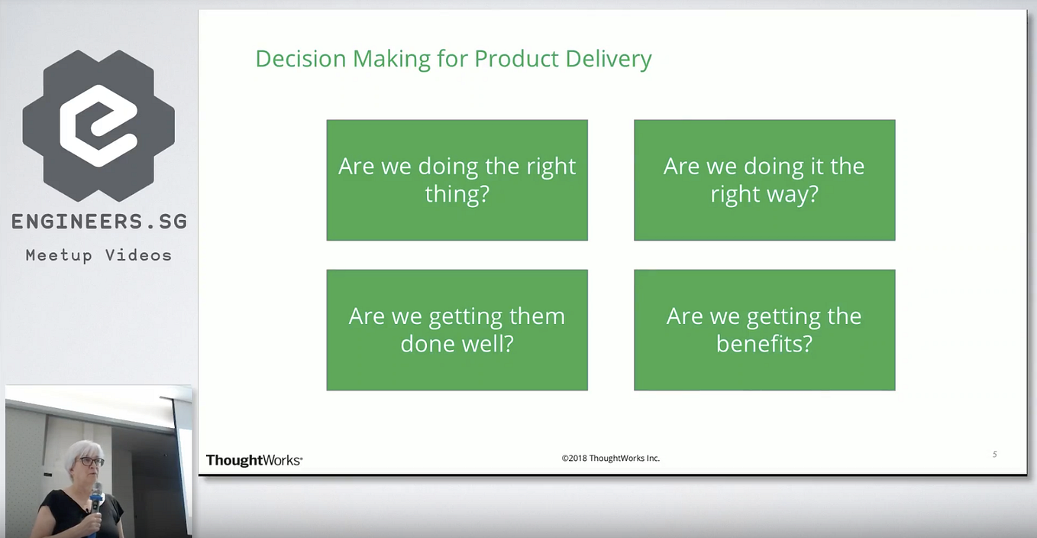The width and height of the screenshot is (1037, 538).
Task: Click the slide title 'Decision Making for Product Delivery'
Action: tap(454, 60)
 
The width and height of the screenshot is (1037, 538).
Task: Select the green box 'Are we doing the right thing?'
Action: tap(457, 180)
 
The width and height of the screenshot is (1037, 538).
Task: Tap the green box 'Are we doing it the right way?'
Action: tap(764, 180)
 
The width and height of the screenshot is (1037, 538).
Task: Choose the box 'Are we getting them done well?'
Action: tap(457, 330)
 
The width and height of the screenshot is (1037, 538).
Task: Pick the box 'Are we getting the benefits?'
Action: tap(764, 330)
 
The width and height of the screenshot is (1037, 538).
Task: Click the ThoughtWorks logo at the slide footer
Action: tap(254, 460)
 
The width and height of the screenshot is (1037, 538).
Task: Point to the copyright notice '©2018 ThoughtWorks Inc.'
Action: tap(611, 459)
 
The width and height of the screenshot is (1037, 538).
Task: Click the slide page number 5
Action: tap(994, 454)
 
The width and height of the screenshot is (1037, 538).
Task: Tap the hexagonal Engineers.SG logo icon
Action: tap(99, 125)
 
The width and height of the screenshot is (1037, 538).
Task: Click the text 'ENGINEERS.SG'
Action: tap(99, 222)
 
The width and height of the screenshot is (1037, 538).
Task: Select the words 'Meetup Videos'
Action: tap(99, 255)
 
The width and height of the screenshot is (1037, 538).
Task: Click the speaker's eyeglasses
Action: tap(91, 462)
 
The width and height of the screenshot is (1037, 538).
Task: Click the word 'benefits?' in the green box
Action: tap(764, 344)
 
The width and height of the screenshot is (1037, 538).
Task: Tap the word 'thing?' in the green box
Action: tap(457, 194)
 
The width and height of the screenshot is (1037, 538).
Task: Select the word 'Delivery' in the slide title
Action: tap(609, 60)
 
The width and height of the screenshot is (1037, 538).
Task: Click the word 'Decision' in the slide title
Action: tap(301, 59)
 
